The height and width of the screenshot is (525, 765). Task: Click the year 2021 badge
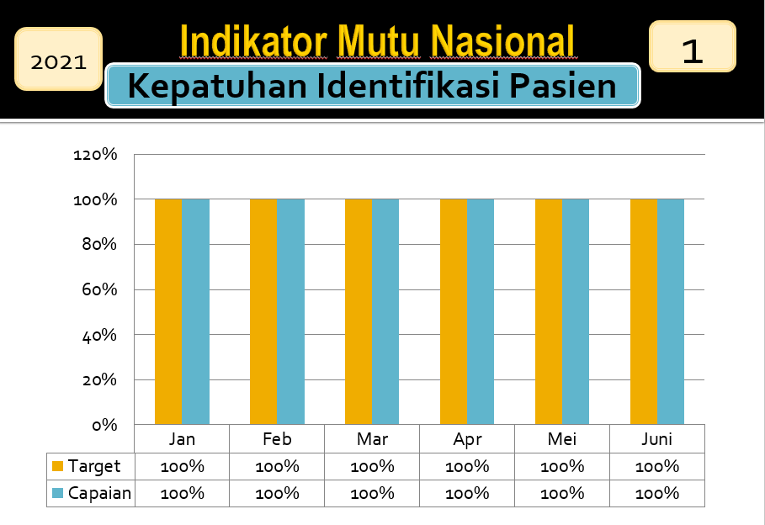tap(59, 59)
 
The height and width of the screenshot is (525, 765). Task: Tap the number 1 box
tap(693, 46)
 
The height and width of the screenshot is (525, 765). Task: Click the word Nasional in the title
tap(502, 42)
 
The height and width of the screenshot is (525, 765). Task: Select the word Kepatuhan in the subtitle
tap(217, 86)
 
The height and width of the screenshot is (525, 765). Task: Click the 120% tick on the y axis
tap(95, 155)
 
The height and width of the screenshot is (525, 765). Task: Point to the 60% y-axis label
tap(99, 289)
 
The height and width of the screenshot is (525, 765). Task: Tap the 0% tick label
tap(105, 425)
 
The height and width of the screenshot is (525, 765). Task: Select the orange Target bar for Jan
tap(168, 311)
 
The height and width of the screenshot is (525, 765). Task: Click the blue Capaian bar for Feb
tap(291, 311)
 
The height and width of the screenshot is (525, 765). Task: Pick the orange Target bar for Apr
tap(454, 311)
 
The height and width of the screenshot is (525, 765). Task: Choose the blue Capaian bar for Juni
tap(671, 311)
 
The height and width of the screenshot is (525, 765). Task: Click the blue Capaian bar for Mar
tap(385, 311)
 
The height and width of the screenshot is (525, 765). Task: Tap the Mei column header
tap(562, 439)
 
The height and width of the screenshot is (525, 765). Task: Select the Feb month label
tap(277, 439)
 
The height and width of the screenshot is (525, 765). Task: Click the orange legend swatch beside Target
tap(57, 466)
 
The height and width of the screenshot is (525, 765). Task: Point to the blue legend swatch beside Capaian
tap(57, 493)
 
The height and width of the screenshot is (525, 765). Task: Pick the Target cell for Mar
tap(372, 466)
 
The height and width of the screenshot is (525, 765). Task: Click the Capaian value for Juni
tap(657, 493)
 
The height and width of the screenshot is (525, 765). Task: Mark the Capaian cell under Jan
tap(182, 493)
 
